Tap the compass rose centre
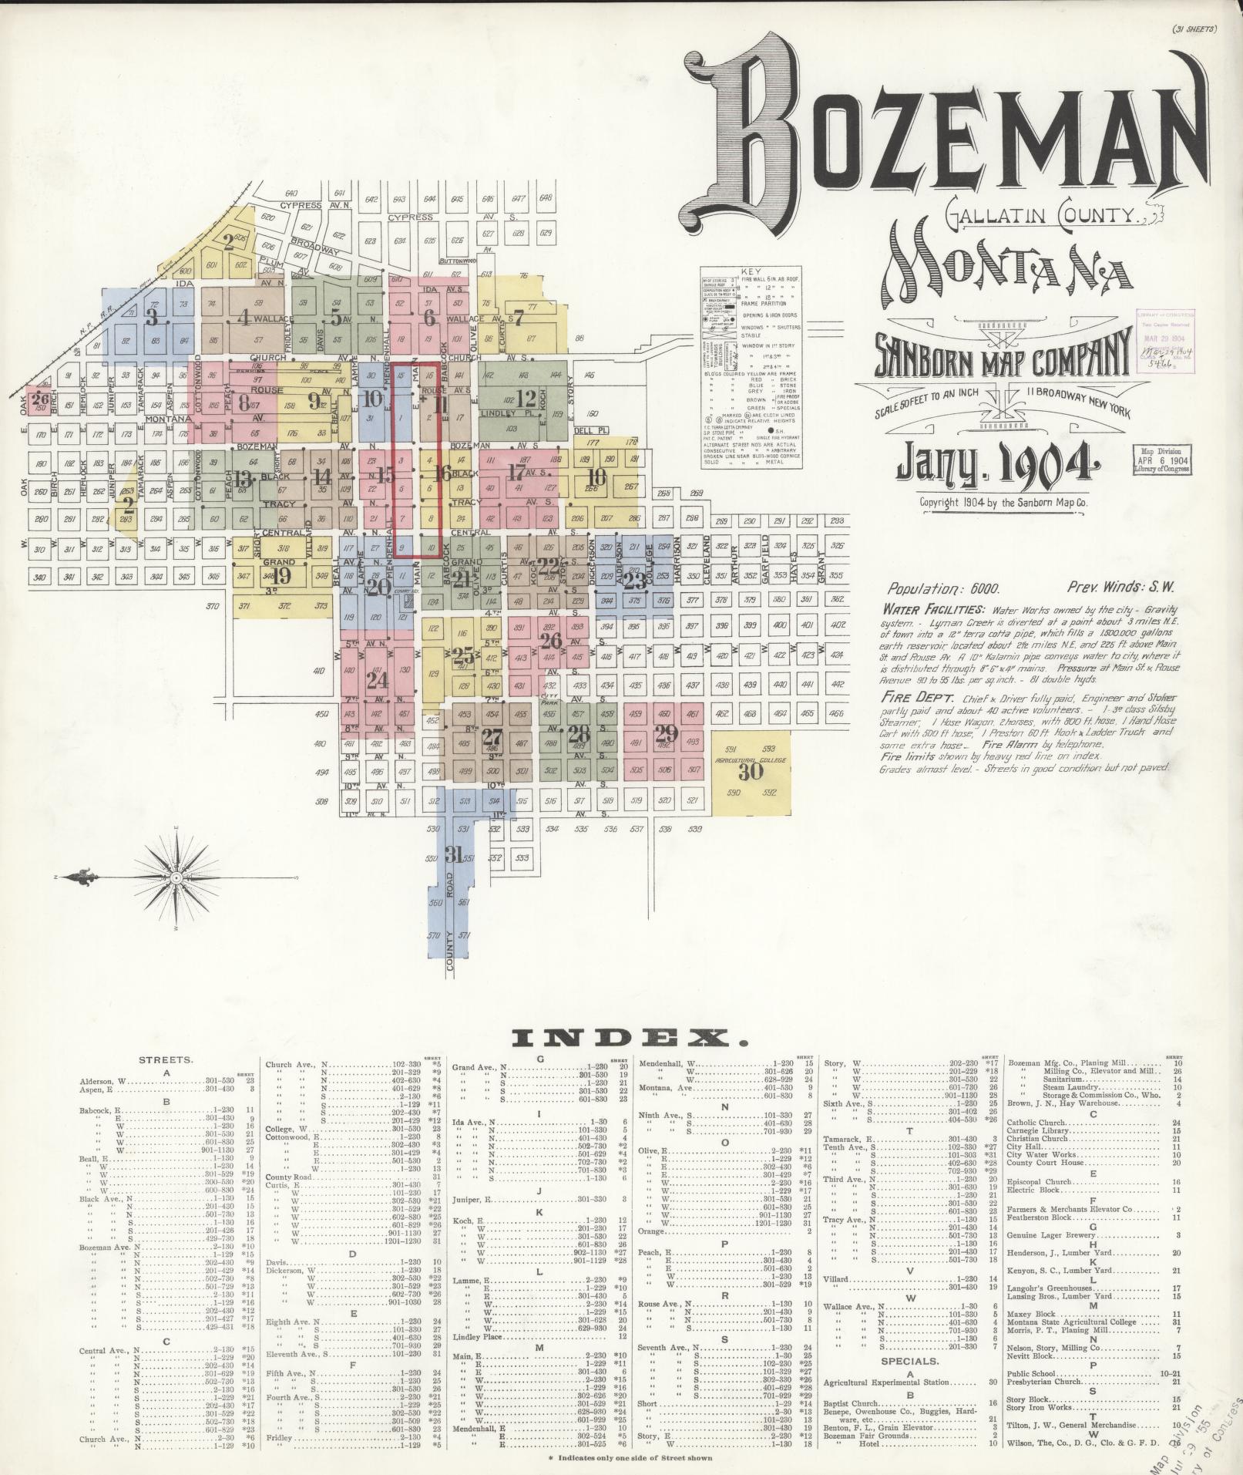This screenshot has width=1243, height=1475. (x=177, y=877)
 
